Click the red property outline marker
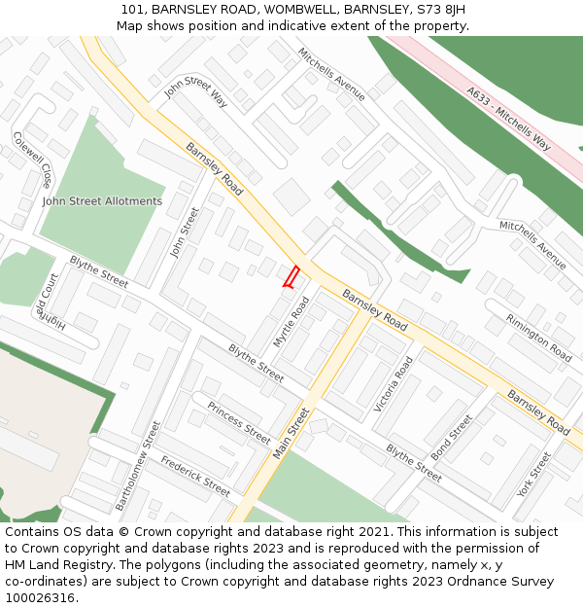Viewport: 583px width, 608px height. tap(291, 276)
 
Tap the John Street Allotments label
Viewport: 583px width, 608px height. tap(102, 201)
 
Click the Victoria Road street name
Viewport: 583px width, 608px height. tap(394, 383)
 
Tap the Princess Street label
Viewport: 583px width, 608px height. tap(238, 422)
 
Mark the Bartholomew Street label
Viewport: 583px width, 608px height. tap(138, 466)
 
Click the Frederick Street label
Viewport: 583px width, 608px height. tap(195, 476)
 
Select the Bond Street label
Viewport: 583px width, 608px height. tap(451, 438)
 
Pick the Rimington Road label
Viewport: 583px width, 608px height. tap(538, 337)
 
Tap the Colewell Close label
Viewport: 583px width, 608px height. tap(32, 160)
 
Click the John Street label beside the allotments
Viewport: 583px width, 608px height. tap(183, 232)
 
